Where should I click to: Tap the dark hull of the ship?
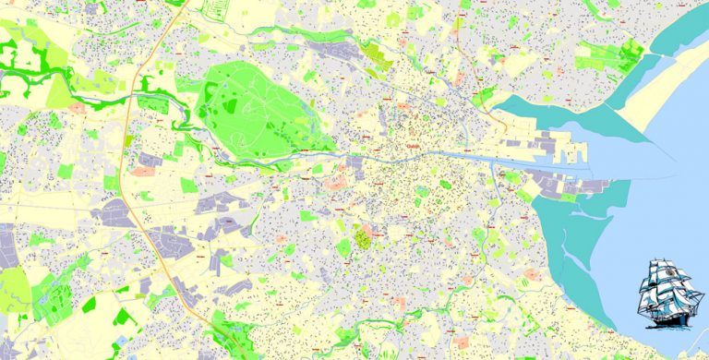[670, 313]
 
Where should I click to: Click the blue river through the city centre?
[434, 156]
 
